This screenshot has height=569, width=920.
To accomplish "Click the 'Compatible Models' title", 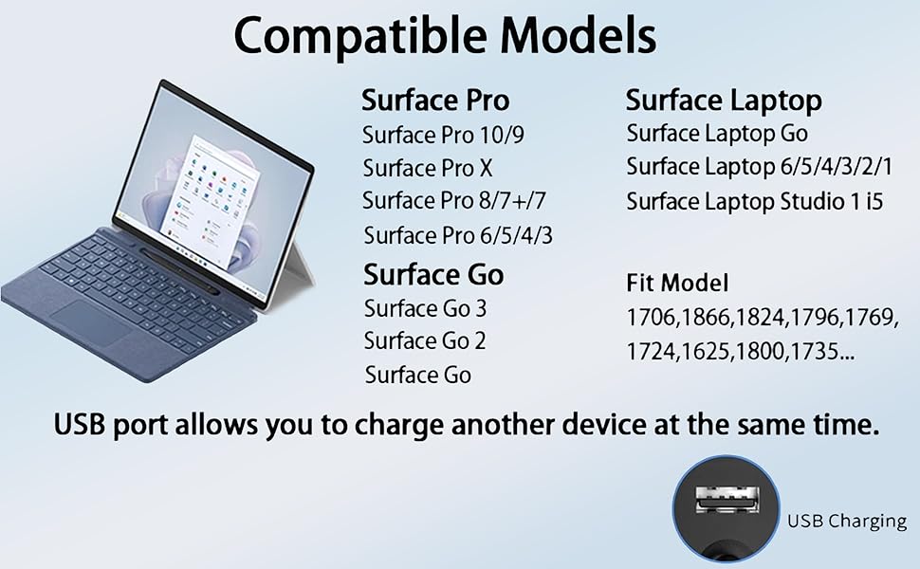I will pos(444,36).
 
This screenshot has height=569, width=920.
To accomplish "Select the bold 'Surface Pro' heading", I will pos(435,101).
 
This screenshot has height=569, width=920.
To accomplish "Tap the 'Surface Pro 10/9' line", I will pos(443,136).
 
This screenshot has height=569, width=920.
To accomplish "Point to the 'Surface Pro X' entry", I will pos(428,169).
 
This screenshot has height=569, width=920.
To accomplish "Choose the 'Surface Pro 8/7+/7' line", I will pos(454,201).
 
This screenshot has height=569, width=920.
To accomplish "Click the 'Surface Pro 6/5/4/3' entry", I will pos(458,235).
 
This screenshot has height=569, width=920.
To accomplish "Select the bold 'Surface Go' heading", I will pos(433,275).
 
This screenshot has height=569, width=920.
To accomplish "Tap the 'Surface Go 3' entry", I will pos(425,309).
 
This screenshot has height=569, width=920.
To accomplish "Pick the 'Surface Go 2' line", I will pos(425,340).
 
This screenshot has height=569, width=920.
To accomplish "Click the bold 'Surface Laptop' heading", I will pos(724,101).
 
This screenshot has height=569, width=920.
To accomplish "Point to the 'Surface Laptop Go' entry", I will pos(717,134).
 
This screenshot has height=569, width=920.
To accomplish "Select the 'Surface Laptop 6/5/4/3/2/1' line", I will pos(760,168).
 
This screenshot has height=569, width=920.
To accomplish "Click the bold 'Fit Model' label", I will pos(677,283).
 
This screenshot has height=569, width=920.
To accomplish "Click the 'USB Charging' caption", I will pos(847,521).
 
